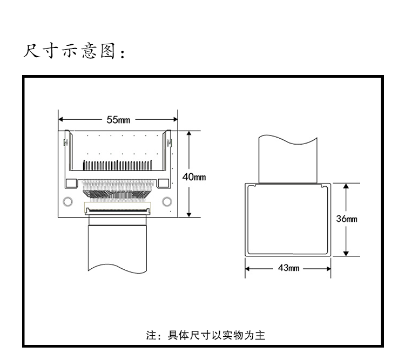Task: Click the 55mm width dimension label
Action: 117,120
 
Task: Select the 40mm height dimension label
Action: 193,177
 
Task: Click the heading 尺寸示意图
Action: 75,52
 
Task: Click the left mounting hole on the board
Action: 67,202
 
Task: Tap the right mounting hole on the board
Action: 167,202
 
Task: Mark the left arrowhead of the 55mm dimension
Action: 61,120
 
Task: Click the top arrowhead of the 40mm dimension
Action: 189,133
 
